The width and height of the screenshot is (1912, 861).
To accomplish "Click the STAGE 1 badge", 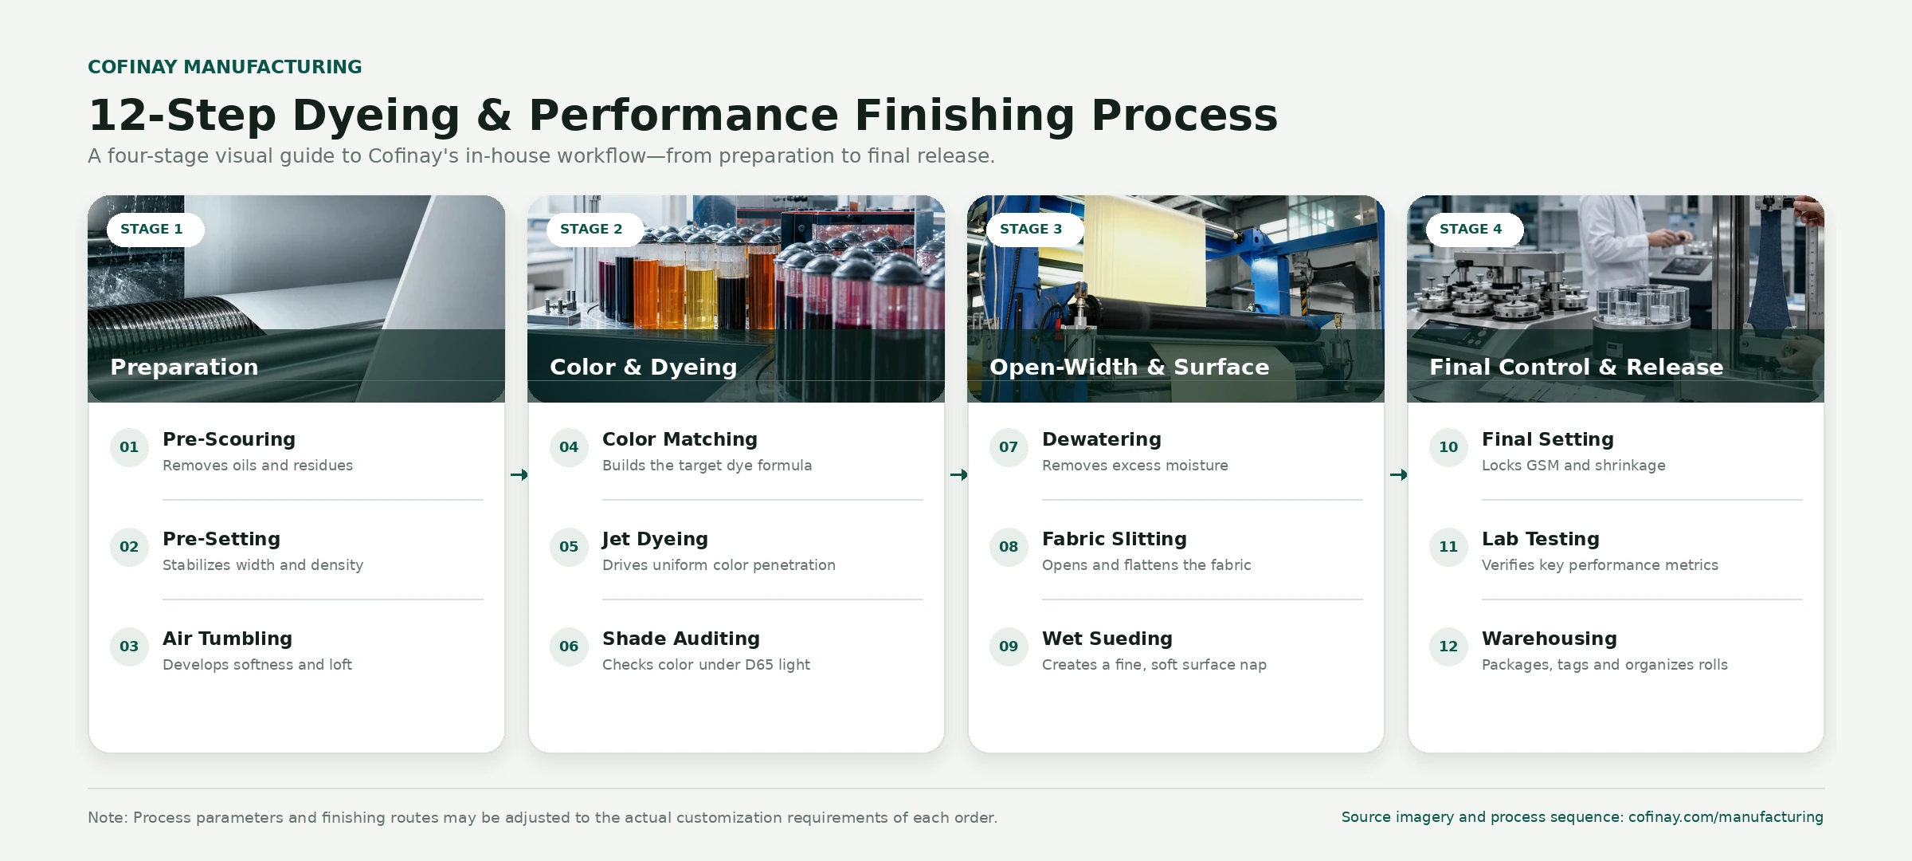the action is click(155, 230).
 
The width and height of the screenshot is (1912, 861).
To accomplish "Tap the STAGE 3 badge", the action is click(1035, 230).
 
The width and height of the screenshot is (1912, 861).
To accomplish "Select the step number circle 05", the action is click(569, 547).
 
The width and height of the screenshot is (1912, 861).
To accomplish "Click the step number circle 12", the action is click(1448, 647).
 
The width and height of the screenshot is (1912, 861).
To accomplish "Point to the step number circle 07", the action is click(1009, 447).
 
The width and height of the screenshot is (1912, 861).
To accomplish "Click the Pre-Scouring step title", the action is click(229, 439).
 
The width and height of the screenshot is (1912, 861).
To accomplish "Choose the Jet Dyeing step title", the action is click(655, 540).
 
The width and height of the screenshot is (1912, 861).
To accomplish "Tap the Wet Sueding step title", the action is click(1107, 639).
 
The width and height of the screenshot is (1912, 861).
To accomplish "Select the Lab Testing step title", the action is click(1541, 540).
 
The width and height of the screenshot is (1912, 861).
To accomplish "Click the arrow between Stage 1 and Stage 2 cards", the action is click(519, 475).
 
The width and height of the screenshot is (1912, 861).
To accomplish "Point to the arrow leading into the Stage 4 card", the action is click(1398, 475).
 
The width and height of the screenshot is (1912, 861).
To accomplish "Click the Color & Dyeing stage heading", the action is click(643, 367).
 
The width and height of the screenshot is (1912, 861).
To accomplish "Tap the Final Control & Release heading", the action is click(1576, 367).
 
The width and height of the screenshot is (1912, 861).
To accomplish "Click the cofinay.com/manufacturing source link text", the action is click(1726, 817).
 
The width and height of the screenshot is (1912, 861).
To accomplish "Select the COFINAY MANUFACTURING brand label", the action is click(225, 67).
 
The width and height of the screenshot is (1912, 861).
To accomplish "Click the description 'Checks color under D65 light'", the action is click(706, 665).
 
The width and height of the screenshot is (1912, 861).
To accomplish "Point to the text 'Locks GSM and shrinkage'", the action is click(1573, 466).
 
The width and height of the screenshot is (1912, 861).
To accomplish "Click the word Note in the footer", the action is click(106, 818).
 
